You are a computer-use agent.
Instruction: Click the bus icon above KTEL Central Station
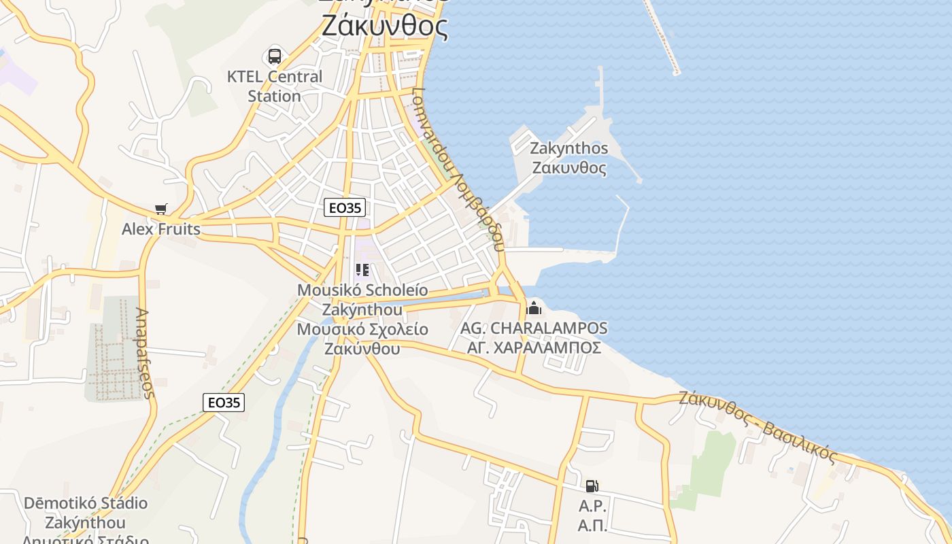pyautogui.click(x=275, y=56)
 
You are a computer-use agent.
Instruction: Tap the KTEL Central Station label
pyautogui.click(x=275, y=86)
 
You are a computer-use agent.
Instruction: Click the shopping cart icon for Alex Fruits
pyautogui.click(x=160, y=209)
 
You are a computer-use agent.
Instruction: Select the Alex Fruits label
pyautogui.click(x=161, y=229)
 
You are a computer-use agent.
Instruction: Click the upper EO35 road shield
pyautogui.click(x=345, y=207)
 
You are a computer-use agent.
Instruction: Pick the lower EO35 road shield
pyautogui.click(x=224, y=403)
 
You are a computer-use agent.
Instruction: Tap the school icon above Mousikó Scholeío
pyautogui.click(x=362, y=271)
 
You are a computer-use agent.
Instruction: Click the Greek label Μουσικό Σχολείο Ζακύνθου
pyautogui.click(x=362, y=339)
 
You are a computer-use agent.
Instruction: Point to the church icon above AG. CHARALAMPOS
pyautogui.click(x=534, y=308)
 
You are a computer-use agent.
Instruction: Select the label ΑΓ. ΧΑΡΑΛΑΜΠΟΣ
pyautogui.click(x=534, y=348)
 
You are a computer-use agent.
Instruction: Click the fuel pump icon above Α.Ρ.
pyautogui.click(x=592, y=486)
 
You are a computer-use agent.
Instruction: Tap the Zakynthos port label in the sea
pyautogui.click(x=569, y=158)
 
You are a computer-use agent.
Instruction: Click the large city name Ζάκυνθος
pyautogui.click(x=384, y=27)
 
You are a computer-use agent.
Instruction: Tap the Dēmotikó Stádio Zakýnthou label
pyautogui.click(x=86, y=513)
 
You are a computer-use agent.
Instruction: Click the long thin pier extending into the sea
pyautogui.click(x=661, y=37)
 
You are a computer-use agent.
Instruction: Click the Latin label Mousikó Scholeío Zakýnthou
pyautogui.click(x=362, y=300)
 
